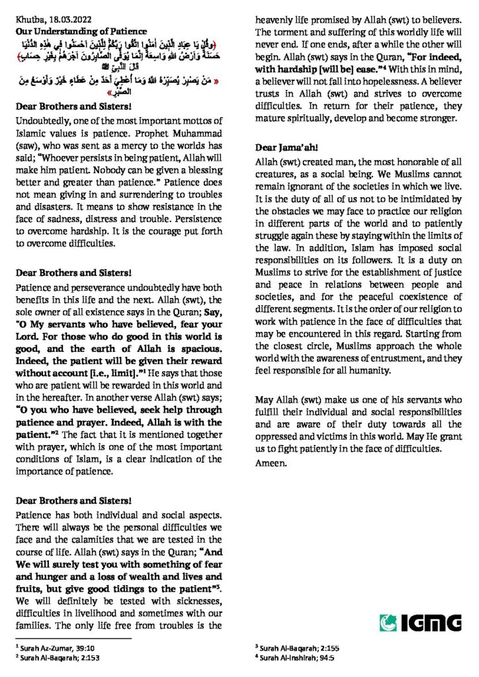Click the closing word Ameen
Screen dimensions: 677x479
pyautogui.click(x=271, y=462)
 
